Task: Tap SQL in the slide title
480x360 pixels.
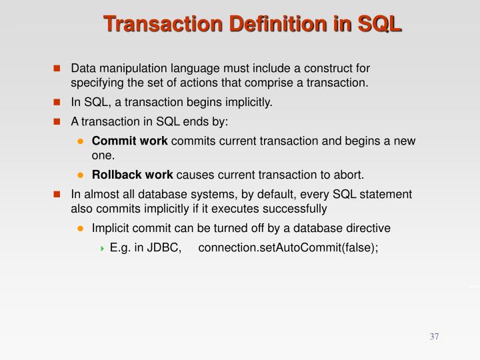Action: click(x=377, y=25)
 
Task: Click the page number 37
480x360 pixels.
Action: click(x=434, y=336)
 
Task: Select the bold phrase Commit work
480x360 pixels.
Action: click(x=130, y=141)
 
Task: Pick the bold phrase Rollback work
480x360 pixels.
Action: click(x=132, y=175)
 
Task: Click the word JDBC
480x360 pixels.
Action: click(x=167, y=248)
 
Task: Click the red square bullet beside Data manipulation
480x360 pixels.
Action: click(x=57, y=69)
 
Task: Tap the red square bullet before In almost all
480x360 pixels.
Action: click(x=57, y=195)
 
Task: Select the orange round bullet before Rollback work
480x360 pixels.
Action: click(x=80, y=175)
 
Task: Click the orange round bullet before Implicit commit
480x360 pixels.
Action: click(x=80, y=229)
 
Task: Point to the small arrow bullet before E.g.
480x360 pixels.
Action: click(x=102, y=249)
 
